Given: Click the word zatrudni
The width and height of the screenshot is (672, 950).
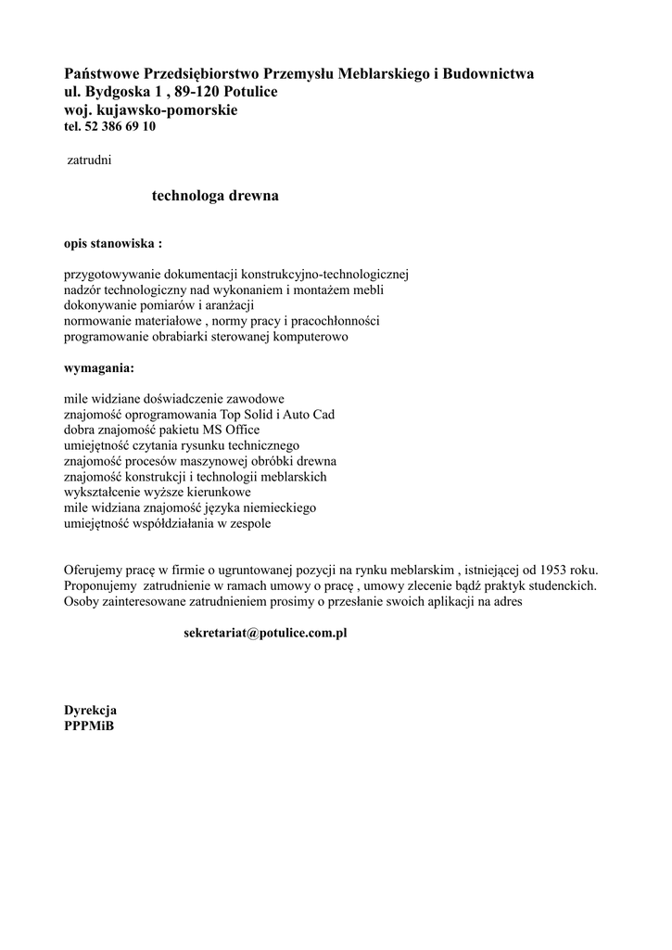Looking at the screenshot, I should click(90, 160).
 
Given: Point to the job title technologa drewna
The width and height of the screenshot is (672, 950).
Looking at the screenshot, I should click(215, 197).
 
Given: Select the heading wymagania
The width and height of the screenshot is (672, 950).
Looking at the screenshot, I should click(98, 367).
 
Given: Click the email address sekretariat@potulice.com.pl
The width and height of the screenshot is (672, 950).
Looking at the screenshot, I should click(265, 633).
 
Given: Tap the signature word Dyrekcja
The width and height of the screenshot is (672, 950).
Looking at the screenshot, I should click(90, 710).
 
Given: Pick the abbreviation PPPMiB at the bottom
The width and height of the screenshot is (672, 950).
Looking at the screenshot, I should click(89, 725).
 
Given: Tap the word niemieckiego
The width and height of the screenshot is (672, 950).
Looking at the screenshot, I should click(279, 508).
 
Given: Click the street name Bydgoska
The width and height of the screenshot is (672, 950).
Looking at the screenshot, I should click(124, 92).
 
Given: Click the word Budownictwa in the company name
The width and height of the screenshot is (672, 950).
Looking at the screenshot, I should click(488, 73).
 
